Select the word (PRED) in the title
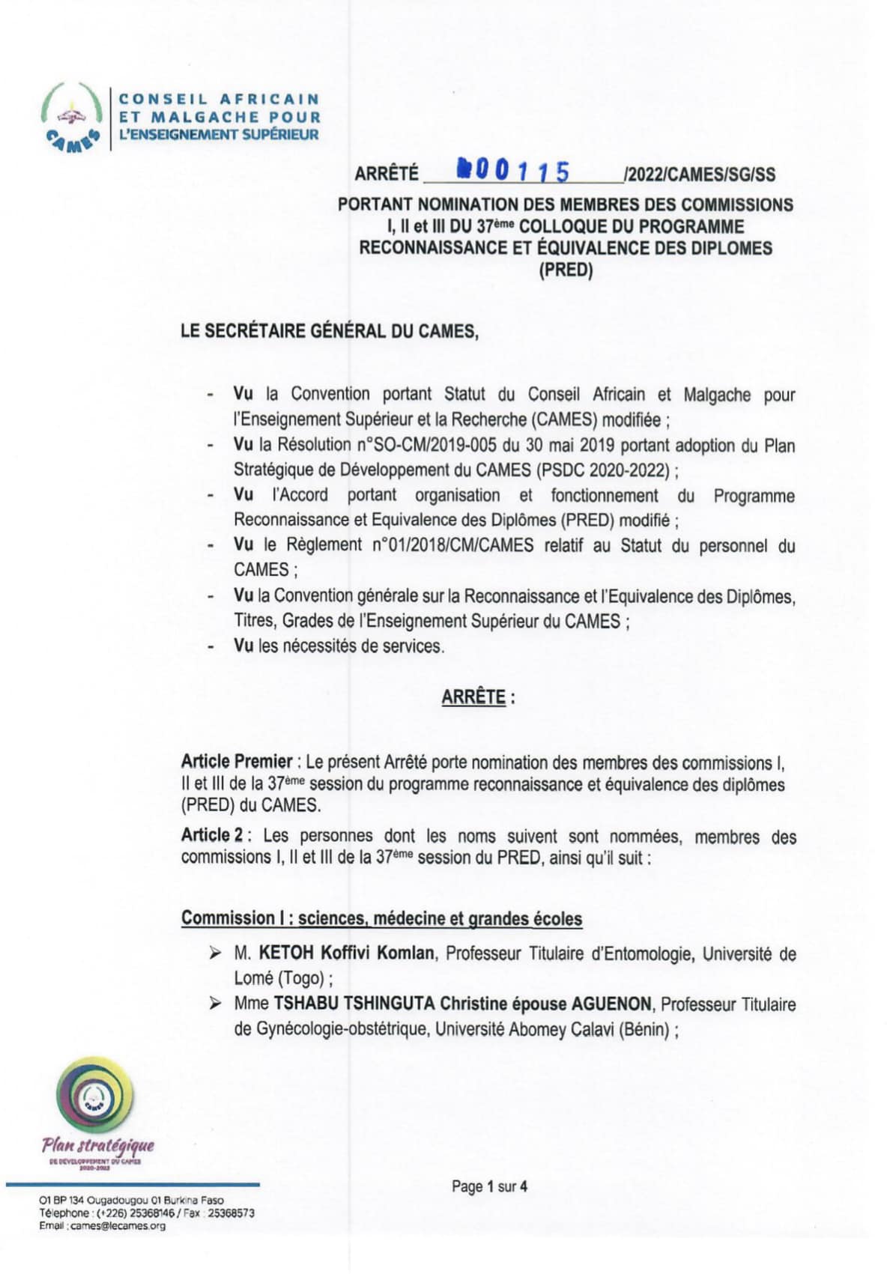pyautogui.click(x=565, y=270)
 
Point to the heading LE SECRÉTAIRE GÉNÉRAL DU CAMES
pyautogui.click(x=330, y=331)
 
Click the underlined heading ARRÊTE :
pyautogui.click(x=477, y=697)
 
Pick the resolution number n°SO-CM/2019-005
pyautogui.click(x=431, y=445)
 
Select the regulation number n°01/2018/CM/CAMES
pyautogui.click(x=452, y=545)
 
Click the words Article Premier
pyautogui.click(x=236, y=762)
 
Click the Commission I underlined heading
pyautogui.click(x=381, y=918)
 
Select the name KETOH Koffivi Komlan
pyautogui.click(x=346, y=953)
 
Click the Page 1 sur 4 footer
pyautogui.click(x=489, y=1186)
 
